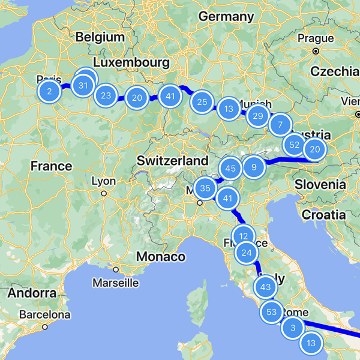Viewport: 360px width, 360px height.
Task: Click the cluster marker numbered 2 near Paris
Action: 49,91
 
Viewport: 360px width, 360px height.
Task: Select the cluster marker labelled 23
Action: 106,95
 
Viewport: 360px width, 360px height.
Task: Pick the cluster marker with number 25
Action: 202,102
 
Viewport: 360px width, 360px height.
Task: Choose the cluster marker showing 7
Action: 279,125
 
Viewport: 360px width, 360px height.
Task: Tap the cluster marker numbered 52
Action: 294,145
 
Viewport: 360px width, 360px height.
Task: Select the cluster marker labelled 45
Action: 230,169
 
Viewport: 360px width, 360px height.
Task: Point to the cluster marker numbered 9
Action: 254,167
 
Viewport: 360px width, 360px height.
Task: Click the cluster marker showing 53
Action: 271,311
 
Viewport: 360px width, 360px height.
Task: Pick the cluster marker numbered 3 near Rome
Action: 293,328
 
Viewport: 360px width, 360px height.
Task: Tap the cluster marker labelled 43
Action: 266,287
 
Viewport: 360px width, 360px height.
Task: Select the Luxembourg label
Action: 131,63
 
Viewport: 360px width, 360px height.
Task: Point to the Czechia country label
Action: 335,71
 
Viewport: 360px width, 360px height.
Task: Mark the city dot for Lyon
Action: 104,193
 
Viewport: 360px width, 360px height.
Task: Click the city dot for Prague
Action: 316,51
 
